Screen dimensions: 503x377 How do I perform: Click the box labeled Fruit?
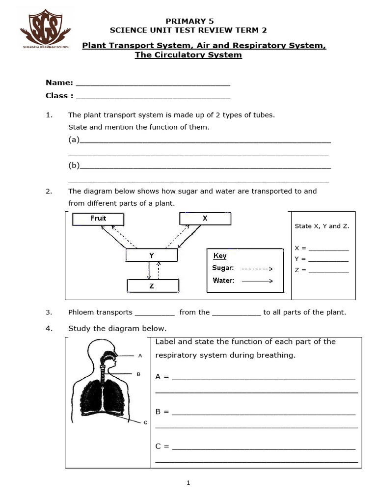click(x=98, y=219)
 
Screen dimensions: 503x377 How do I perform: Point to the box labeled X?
click(x=205, y=219)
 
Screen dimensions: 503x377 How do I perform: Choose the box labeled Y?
click(x=152, y=255)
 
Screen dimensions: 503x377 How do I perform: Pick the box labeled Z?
click(x=152, y=286)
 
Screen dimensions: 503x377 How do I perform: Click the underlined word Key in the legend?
click(x=220, y=256)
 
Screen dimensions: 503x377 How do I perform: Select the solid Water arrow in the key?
click(x=257, y=281)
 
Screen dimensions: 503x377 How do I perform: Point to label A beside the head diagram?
click(x=140, y=355)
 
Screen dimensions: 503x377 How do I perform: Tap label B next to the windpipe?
click(x=138, y=374)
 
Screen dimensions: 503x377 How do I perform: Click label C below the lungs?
click(x=145, y=422)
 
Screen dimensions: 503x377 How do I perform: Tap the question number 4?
click(x=49, y=329)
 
